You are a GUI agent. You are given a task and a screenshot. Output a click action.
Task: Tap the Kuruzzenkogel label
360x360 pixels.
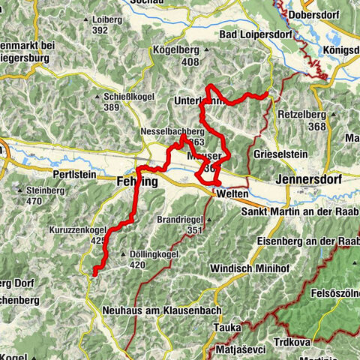pos(79,229)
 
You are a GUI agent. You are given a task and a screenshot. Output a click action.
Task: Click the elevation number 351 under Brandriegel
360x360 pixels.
pos(195,229)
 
